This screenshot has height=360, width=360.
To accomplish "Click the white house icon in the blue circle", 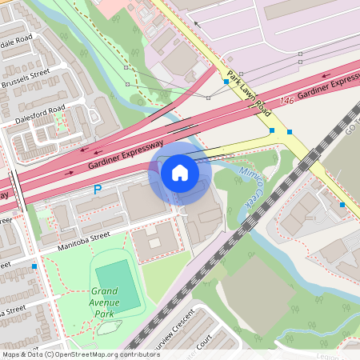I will tap(180, 172).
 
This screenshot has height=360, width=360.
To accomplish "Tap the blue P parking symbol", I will tap(98, 190).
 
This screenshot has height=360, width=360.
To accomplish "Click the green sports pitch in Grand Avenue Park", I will tap(118, 286).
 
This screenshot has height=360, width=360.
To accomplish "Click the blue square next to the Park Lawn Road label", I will tap(226, 82).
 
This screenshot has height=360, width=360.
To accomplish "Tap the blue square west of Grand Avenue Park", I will tap(34, 266).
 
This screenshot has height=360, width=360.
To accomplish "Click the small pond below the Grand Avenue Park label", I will tap(107, 326).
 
